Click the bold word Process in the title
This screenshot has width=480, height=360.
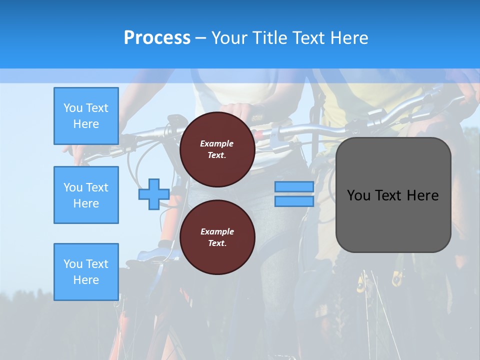pyautogui.click(x=157, y=37)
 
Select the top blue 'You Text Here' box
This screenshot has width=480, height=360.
pyautogui.click(x=86, y=116)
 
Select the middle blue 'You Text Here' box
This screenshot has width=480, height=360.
pyautogui.click(x=86, y=195)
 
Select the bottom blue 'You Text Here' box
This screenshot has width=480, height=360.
pyautogui.click(x=86, y=272)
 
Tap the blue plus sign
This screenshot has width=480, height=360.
pyautogui.click(x=153, y=194)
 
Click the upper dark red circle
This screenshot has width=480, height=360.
pyautogui.click(x=217, y=149)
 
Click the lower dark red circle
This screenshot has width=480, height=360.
pyautogui.click(x=217, y=237)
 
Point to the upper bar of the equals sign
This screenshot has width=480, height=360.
pyautogui.click(x=294, y=186)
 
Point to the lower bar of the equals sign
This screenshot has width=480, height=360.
pyautogui.click(x=294, y=201)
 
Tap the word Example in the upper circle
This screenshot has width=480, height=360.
pyautogui.click(x=217, y=143)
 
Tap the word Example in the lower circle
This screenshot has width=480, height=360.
pyautogui.click(x=217, y=231)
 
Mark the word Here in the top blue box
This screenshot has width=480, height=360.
pyautogui.click(x=86, y=124)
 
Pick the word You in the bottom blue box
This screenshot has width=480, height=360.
pyautogui.click(x=73, y=264)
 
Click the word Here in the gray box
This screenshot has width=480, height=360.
pyautogui.click(x=422, y=195)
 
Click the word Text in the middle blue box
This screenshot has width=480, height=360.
pyautogui.click(x=97, y=187)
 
